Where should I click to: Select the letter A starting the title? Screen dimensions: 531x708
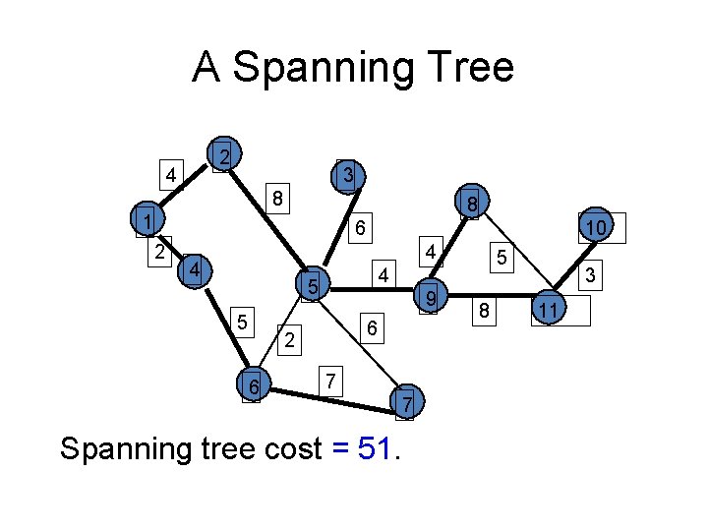pos(206,68)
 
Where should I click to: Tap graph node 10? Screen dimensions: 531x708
pos(595,228)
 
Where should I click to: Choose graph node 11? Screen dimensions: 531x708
pos(550,311)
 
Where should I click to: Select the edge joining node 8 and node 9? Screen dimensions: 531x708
pos(450,250)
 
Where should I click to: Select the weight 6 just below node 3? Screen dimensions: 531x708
pos(361,227)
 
